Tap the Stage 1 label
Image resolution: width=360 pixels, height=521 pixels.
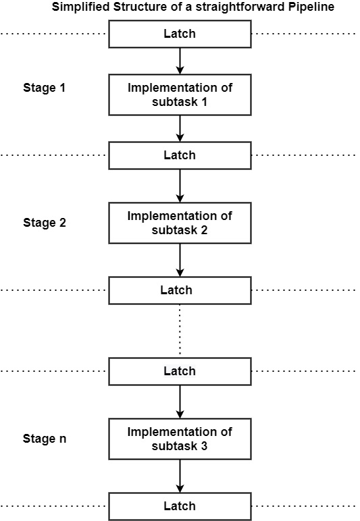(44, 88)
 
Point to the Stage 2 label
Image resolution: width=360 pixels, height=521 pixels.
(45, 223)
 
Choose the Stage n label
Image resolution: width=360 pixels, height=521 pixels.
(45, 439)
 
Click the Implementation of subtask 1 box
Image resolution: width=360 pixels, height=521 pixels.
(180, 95)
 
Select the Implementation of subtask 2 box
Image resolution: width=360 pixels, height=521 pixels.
(180, 223)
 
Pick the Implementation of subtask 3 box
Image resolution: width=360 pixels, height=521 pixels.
(180, 439)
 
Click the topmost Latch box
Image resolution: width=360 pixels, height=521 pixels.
(180, 34)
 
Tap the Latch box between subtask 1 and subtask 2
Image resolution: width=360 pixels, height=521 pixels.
(180, 155)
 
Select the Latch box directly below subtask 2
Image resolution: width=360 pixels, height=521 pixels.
(180, 290)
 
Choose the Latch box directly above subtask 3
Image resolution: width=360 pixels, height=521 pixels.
(180, 371)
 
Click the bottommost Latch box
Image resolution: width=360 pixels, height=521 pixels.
(180, 506)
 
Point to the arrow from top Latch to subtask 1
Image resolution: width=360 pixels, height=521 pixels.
(180, 61)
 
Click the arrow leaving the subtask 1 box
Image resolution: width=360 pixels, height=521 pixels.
(180, 129)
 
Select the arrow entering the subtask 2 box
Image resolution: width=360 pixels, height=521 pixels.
(180, 186)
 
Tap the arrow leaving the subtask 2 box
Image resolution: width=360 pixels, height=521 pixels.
(180, 260)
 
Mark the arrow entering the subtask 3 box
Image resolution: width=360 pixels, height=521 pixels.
(180, 402)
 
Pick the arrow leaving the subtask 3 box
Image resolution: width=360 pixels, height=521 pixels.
(180, 476)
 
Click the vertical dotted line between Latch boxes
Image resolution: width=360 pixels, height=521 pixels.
(180, 331)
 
